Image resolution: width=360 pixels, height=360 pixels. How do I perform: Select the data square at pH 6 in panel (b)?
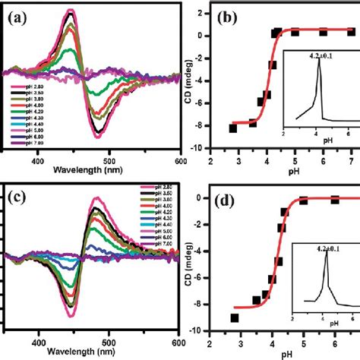324,32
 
